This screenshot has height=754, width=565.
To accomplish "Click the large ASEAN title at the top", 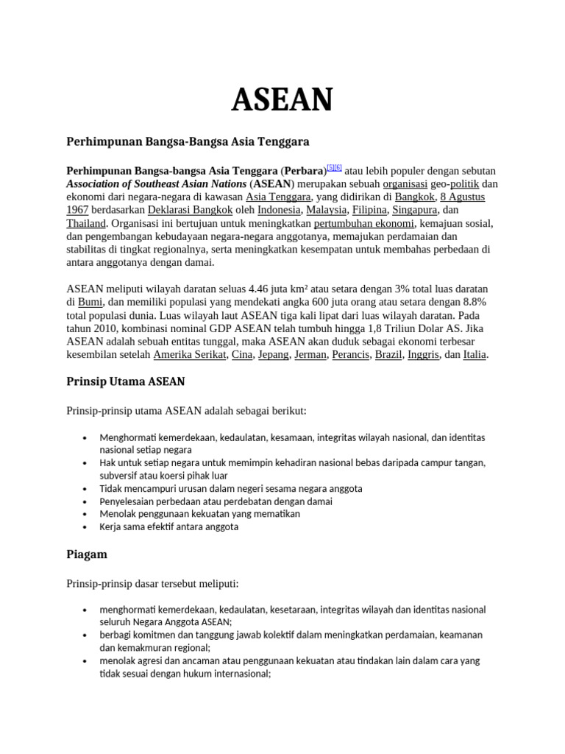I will [282, 99].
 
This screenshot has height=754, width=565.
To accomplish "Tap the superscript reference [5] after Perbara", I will [331, 168].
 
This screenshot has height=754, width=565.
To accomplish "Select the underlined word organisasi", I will [405, 183].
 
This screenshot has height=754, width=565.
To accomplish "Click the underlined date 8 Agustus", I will [463, 197].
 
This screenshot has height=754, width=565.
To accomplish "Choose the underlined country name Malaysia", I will [325, 210].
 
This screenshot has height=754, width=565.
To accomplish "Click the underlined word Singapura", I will [414, 210].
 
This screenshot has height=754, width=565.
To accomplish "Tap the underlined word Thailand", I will [86, 223].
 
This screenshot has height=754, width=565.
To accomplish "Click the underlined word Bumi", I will [90, 302].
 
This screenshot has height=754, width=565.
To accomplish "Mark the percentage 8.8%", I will [472, 302].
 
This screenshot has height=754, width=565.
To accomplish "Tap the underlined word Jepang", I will [273, 355].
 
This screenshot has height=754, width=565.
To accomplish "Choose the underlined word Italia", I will [475, 355].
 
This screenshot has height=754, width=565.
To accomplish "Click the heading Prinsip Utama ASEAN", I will [126, 381].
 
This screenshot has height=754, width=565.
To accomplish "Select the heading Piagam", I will [87, 554].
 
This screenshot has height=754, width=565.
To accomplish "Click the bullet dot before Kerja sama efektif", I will [86, 527].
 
